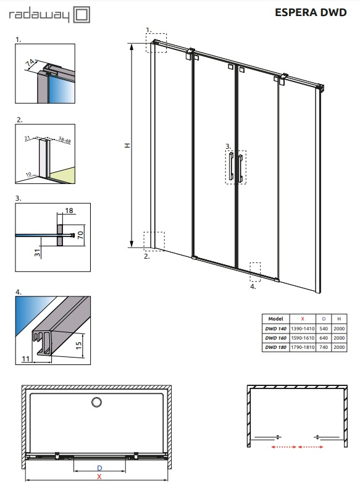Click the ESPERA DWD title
311,12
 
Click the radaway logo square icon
82,15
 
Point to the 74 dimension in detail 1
30,63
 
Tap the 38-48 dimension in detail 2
64,140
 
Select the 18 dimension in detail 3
69,211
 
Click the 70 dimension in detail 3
80,235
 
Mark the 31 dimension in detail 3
37,253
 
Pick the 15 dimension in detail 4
78,345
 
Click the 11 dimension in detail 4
26,359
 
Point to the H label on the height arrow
127,145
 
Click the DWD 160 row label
276,338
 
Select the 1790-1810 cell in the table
303,347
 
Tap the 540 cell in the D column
324,329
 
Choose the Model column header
276,319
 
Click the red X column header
303,319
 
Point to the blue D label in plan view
99,468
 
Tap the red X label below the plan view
99,477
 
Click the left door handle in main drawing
231,166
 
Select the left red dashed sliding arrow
283,447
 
